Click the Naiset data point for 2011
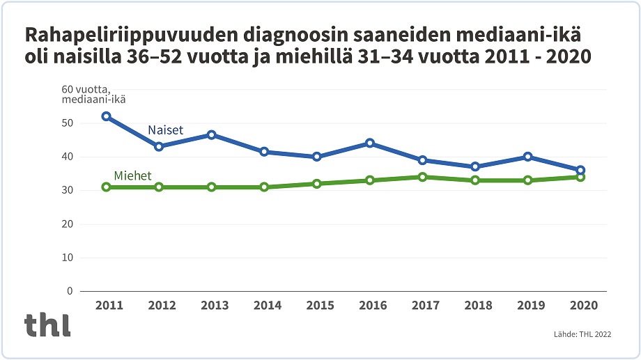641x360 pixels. (106, 116)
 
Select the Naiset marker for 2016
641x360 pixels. (370, 143)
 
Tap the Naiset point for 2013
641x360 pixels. (211, 135)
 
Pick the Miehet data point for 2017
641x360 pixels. (423, 177)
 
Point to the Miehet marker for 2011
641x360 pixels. (106, 187)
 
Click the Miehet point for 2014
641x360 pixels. (264, 187)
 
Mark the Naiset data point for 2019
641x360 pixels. (528, 157)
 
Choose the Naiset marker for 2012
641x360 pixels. (159, 146)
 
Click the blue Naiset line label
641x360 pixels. (165, 130)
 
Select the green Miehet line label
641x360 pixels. (132, 176)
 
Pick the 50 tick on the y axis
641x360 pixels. (67, 123)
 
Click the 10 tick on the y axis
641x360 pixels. (67, 258)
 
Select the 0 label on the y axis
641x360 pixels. (70, 291)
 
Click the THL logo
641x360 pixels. (47, 325)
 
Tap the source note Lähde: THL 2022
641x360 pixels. (582, 334)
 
